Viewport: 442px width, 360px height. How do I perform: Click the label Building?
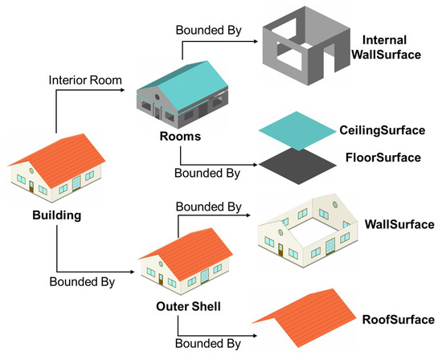point(57,216)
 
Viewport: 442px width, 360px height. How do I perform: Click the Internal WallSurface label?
point(390,46)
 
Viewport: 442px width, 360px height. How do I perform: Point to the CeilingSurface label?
point(381,130)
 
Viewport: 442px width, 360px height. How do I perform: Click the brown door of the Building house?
point(31,186)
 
